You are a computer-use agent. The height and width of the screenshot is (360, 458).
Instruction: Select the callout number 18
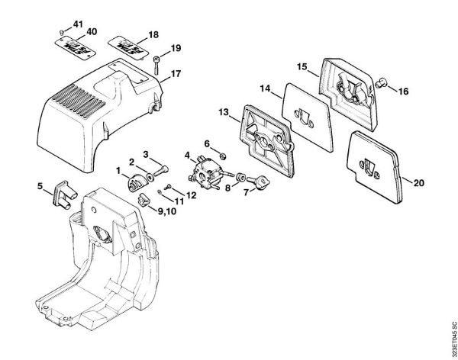click(153, 35)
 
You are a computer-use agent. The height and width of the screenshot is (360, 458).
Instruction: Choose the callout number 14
click(266, 90)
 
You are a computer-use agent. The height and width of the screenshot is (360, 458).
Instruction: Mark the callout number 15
click(302, 67)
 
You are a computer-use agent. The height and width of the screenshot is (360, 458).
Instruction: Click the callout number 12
click(191, 195)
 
